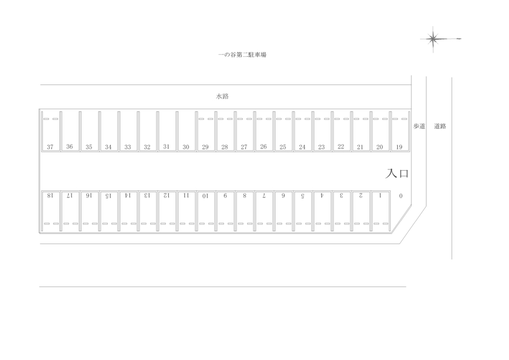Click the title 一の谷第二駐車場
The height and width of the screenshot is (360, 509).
[242, 55]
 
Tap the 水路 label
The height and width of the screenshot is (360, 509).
[222, 96]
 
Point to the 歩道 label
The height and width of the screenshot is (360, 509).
[419, 126]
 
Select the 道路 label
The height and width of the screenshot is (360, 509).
[440, 126]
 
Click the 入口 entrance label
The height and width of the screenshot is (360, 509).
[397, 173]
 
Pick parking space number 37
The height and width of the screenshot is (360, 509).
[51, 131]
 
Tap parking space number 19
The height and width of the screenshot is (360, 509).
[399, 131]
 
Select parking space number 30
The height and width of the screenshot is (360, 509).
[186, 131]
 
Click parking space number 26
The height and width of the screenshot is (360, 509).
[264, 131]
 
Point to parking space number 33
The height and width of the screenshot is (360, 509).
[128, 131]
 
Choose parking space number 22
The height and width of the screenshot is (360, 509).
[341, 131]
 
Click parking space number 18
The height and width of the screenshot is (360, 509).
[51, 211]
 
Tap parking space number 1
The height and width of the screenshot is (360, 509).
[380, 211]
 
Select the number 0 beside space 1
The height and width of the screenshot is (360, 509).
[401, 196]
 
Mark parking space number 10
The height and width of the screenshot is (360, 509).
[206, 211]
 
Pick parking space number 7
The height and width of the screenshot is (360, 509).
[264, 211]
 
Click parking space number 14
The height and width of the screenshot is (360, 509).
[128, 211]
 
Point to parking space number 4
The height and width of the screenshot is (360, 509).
[322, 211]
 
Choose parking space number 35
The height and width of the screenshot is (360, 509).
[89, 131]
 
